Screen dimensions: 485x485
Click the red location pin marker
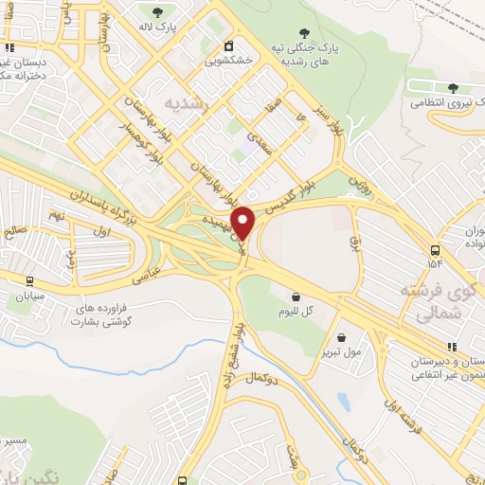coord(243,223)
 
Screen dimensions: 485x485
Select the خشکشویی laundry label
coord(226,60)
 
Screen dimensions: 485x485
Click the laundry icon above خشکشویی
coord(228,45)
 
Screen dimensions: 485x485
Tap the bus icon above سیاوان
coord(29,281)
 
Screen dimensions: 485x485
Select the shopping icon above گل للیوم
coord(296,296)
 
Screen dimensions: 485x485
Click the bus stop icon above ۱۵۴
coord(434,250)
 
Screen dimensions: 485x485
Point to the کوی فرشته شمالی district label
coord(432,300)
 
